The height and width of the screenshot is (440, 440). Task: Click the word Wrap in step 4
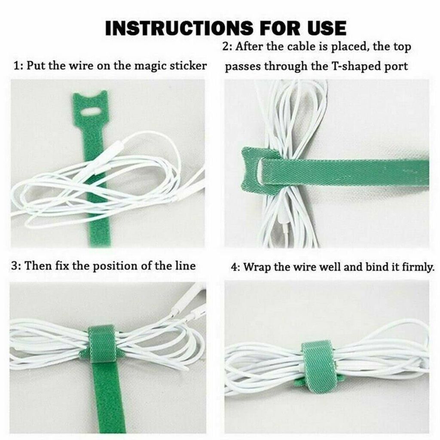(x=257, y=267)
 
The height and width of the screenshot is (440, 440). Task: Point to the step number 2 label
(x=226, y=46)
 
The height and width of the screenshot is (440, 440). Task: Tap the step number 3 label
(x=15, y=266)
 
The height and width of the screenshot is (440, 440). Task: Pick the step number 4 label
(x=234, y=267)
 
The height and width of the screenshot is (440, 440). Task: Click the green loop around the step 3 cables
(x=102, y=344)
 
